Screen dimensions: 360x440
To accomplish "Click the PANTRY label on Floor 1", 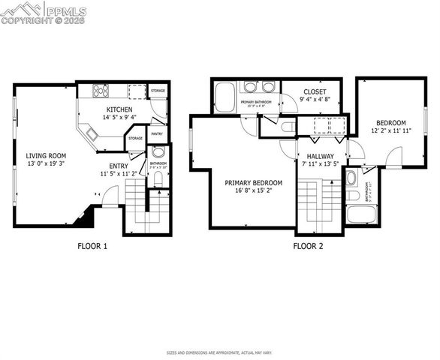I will (x=158, y=134).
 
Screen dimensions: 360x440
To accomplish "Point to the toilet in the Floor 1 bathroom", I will (x=158, y=178).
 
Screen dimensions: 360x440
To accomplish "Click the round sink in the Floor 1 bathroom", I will (x=158, y=152).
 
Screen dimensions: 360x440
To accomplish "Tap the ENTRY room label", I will (x=119, y=165).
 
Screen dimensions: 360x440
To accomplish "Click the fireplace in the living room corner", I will (x=83, y=217).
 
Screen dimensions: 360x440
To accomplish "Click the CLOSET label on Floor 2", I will (x=315, y=91).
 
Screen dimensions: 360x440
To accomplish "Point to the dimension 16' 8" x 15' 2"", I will (x=254, y=190).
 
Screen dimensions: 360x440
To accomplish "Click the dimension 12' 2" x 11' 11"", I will (x=390, y=131).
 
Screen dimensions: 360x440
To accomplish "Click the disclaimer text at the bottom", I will (x=219, y=352).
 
